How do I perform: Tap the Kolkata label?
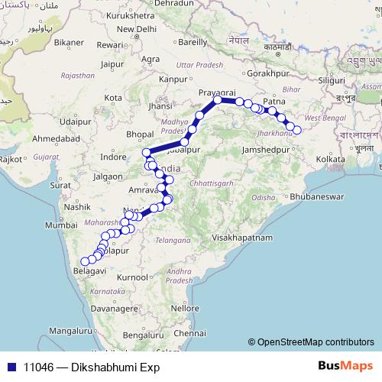coord(329,158)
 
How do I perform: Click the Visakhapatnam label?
coord(242,238)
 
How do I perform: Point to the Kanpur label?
coord(172,78)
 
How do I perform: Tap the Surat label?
coord(60,185)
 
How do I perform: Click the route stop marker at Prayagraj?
coord(218,99)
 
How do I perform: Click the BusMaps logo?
coord(345,365)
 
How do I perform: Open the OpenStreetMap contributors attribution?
coord(316,342)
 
